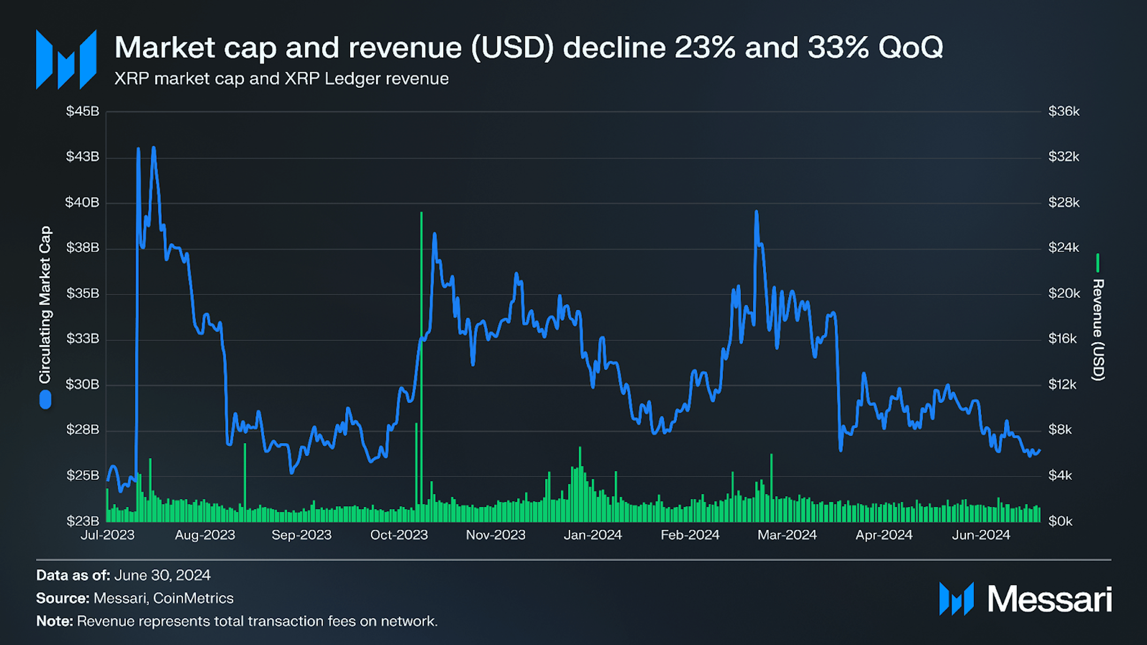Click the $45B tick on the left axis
pyautogui.click(x=82, y=111)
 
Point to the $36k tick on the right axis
pyautogui.click(x=1063, y=111)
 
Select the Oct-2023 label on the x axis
pyautogui.click(x=399, y=535)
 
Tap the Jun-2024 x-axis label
pyautogui.click(x=980, y=535)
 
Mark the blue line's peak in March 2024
pyautogui.click(x=756, y=213)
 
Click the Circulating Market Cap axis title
pyautogui.click(x=45, y=305)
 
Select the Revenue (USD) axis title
pyautogui.click(x=1098, y=330)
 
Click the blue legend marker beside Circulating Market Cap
pyautogui.click(x=46, y=399)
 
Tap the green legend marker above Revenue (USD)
pyautogui.click(x=1098, y=263)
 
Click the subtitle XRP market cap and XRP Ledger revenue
pyautogui.click(x=281, y=79)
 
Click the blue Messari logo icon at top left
pyautogui.click(x=66, y=59)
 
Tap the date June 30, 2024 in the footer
pyautogui.click(x=162, y=575)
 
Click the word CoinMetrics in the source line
pyautogui.click(x=193, y=598)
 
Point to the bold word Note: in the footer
pyautogui.click(x=54, y=621)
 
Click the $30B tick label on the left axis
pyautogui.click(x=82, y=384)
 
